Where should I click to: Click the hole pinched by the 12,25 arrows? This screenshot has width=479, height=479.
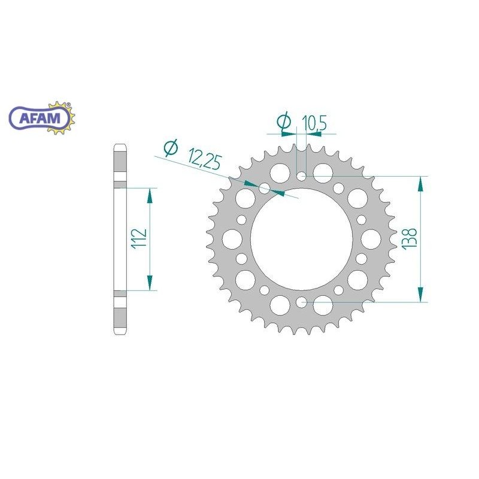tap(265, 188)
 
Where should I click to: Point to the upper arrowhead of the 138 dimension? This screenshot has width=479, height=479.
tap(422, 183)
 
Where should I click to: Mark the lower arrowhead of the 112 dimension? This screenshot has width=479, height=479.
tap(150, 283)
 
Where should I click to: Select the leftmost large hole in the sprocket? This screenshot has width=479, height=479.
tap(231, 239)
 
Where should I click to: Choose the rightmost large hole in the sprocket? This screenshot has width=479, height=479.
tap(372, 239)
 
